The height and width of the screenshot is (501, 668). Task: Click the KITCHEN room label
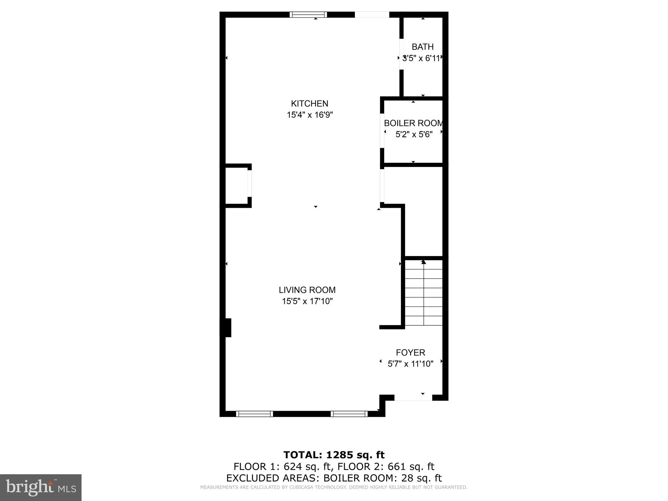pos(310,104)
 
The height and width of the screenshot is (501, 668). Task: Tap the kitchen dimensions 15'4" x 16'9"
pos(310,115)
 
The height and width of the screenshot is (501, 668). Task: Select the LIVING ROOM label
pos(307,290)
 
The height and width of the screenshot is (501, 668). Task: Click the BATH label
pos(422,47)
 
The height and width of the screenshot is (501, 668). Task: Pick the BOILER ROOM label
pos(414,123)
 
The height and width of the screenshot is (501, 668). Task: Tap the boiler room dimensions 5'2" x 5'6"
pos(414,134)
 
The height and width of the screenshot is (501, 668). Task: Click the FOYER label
pos(410,353)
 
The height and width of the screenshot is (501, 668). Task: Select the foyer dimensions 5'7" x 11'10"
pos(410,364)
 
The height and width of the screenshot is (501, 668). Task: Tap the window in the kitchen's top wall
pos(308,14)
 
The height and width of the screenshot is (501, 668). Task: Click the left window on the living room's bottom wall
pos(254,414)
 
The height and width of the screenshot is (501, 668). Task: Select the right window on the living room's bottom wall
pos(349,414)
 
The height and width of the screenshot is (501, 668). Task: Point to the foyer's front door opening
pos(413,398)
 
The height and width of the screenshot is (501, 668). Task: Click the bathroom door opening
pos(402,54)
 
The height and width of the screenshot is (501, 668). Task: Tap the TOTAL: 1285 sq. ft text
pos(334,455)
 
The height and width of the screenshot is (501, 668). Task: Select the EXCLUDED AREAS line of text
pos(334,478)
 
